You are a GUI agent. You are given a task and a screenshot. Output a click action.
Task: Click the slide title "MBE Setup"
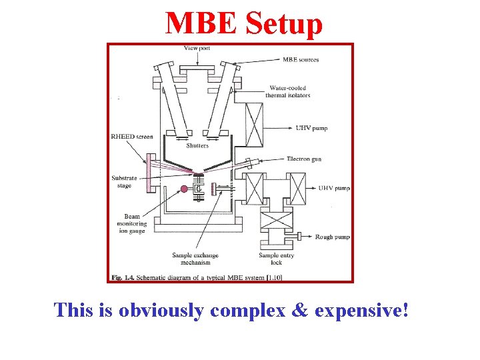pos(244,24)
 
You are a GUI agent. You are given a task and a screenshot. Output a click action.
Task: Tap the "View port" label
pos(197,48)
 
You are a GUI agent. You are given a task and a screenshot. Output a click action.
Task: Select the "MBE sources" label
pos(301,59)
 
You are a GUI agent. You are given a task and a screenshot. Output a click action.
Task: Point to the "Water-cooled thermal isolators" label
pos(290,91)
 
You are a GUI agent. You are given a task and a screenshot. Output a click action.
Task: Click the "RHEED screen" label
pos(132,137)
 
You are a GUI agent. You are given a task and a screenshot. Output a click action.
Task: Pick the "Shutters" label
pos(197,145)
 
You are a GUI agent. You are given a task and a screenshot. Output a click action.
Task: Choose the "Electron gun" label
pos(305,159)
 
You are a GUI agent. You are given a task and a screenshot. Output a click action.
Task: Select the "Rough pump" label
pos(333,237)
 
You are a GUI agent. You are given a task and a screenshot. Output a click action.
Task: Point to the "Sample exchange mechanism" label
pos(195,259)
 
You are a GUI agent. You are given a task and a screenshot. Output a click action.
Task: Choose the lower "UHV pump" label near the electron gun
pos(333,189)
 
